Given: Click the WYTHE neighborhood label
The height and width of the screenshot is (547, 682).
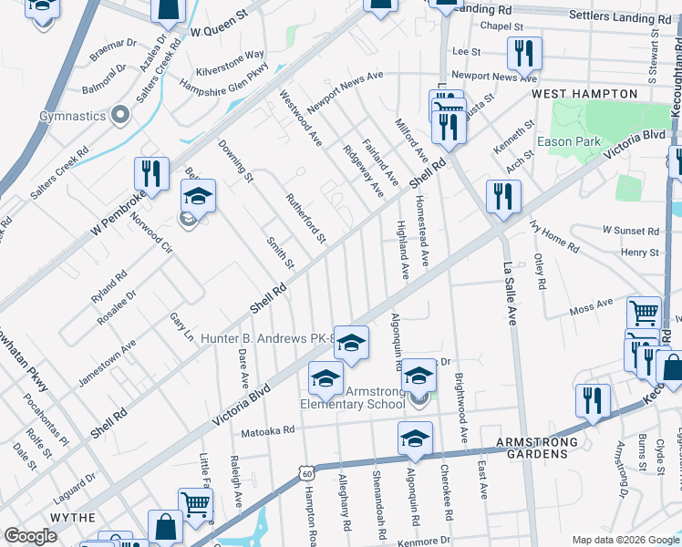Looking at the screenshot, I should (72, 517).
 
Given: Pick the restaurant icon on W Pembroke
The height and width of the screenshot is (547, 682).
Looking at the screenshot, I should (151, 175).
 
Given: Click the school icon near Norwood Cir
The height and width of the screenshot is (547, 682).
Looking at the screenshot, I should (198, 196).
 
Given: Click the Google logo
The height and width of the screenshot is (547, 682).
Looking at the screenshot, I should (30, 536).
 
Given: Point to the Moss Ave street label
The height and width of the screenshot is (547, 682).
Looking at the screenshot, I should (591, 305).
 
